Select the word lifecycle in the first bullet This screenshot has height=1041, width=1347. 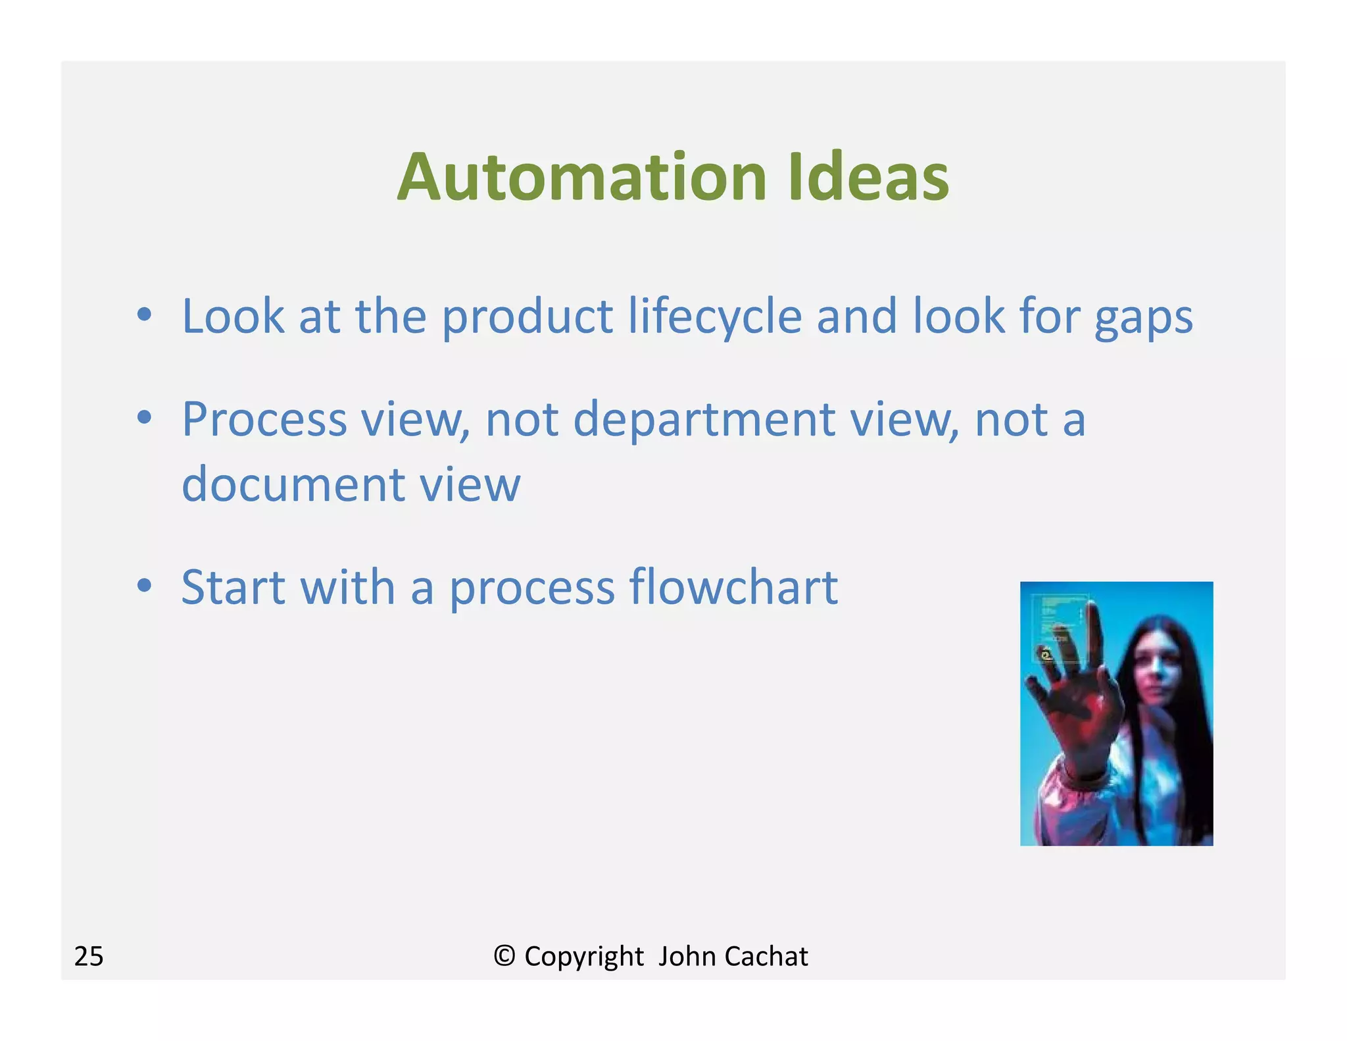pos(714,317)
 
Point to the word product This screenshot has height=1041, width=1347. pos(526,317)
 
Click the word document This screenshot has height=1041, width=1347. pos(293,484)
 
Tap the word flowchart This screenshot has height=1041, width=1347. pos(733,586)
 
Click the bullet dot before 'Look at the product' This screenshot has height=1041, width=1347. pos(145,315)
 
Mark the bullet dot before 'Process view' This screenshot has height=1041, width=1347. pos(145,417)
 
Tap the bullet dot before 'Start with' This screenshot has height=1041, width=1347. pos(145,585)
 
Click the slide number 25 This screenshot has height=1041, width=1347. pos(89,956)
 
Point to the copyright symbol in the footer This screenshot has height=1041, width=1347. pos(504,955)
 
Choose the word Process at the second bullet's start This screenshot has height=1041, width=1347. pos(264,420)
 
